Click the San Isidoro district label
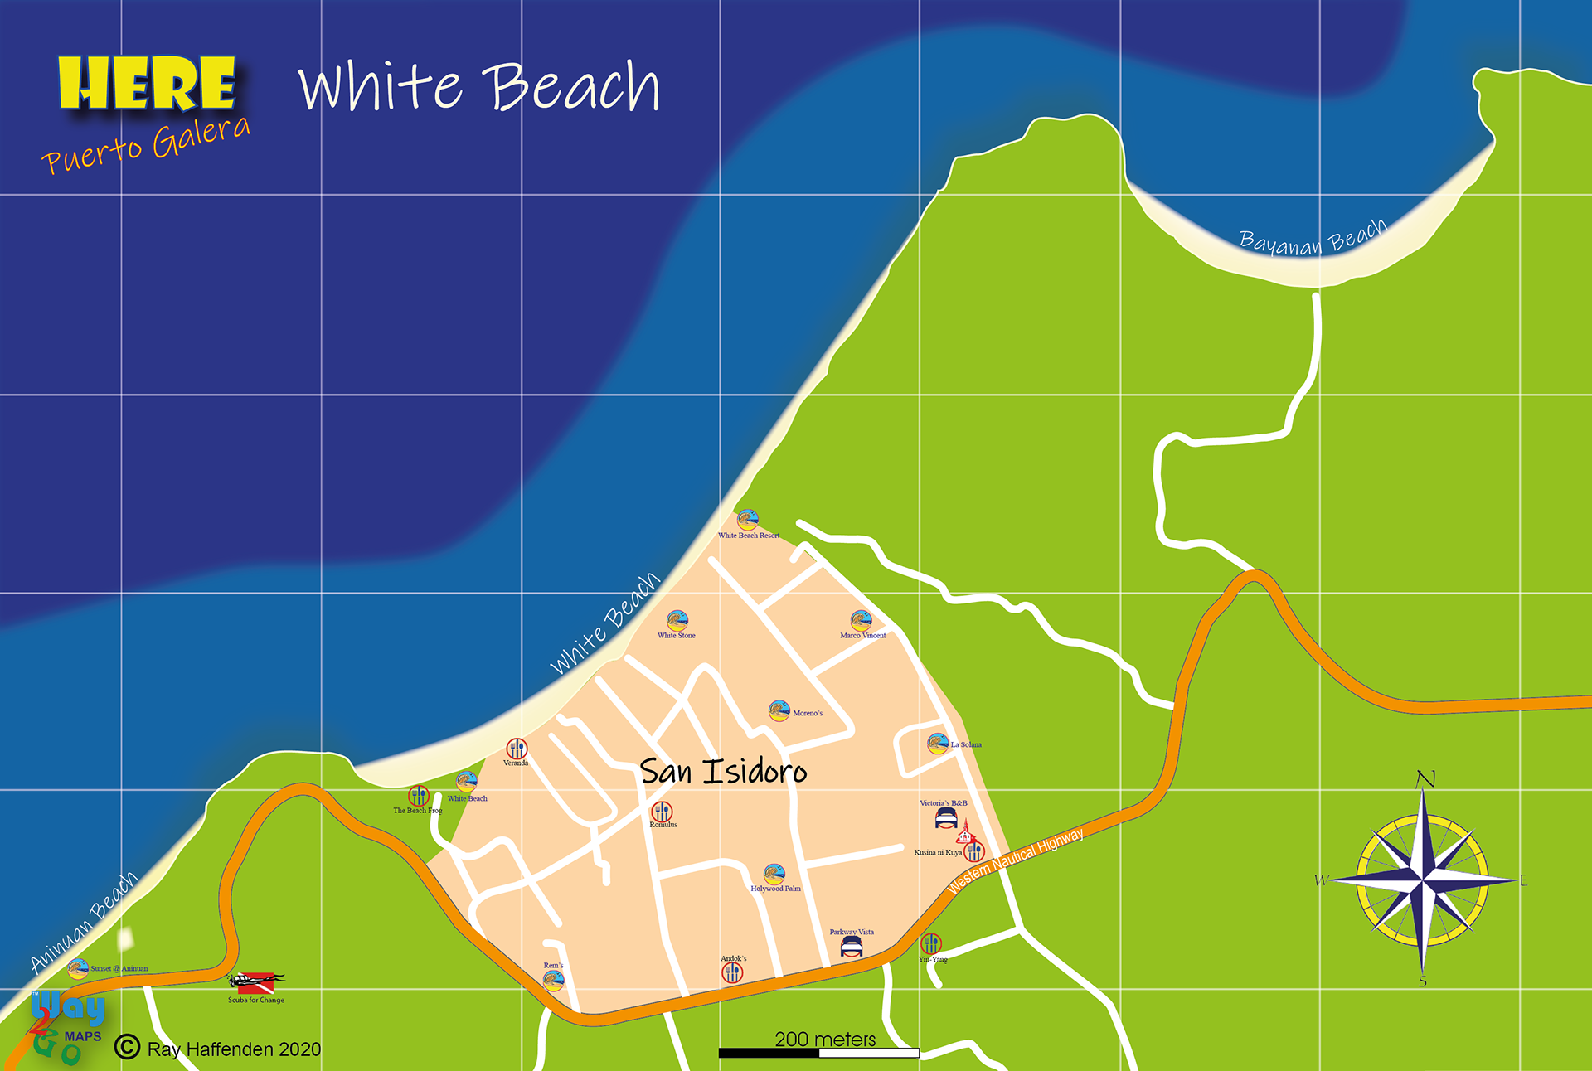coord(723,772)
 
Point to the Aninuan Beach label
coord(84,922)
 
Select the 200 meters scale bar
coord(819,1053)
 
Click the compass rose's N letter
coord(1425,779)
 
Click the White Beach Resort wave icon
coord(748,520)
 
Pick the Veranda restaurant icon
coord(517,748)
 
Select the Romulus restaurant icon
coord(662,812)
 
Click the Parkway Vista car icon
coord(852,947)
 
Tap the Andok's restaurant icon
coord(732,973)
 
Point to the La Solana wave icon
coord(938,744)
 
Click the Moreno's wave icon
coord(779,710)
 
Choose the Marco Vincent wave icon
coord(861,620)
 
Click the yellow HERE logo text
coord(147,84)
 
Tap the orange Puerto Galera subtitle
coord(146,144)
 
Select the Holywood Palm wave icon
coord(774,874)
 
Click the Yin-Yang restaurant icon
coord(931,943)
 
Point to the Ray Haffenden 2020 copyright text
coord(233,1049)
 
